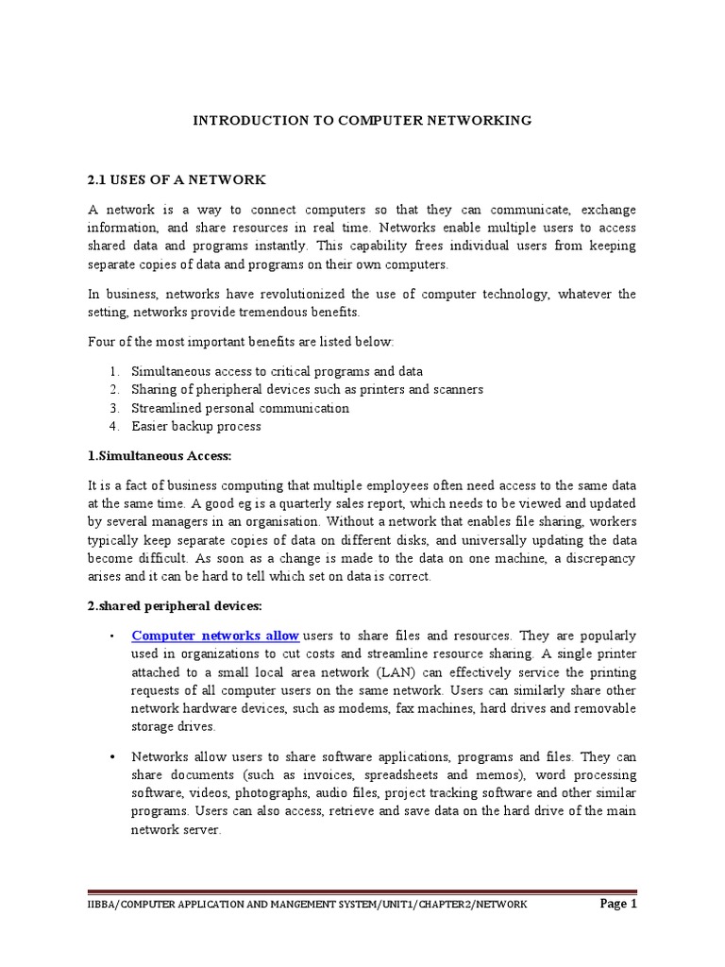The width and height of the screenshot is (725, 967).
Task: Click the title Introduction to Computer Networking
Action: pos(362,121)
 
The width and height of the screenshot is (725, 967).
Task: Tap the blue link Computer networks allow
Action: pos(215,636)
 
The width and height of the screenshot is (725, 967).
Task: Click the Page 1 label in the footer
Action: pos(619,904)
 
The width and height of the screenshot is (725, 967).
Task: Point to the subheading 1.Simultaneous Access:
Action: pos(159,457)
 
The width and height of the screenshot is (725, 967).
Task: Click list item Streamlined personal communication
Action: pos(240,408)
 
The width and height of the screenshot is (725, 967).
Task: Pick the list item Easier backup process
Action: pos(196,426)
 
